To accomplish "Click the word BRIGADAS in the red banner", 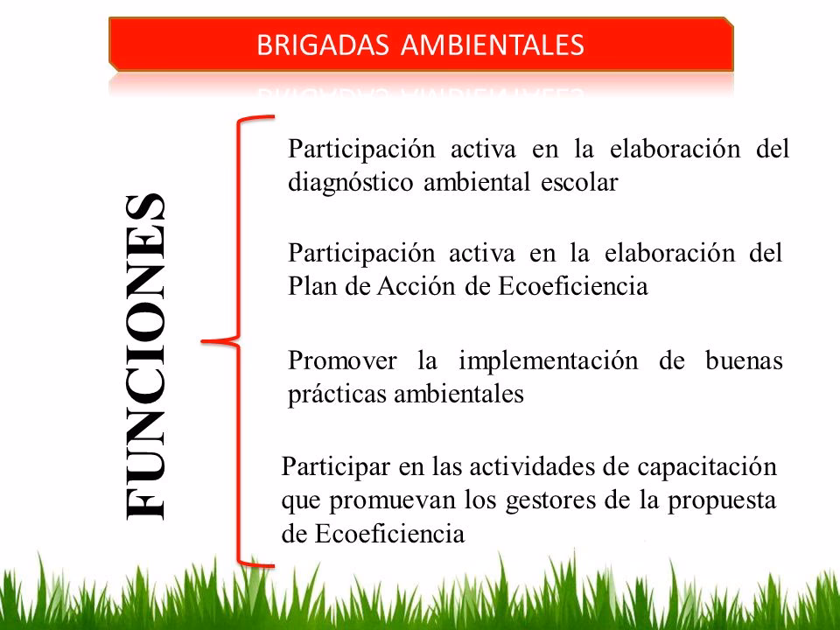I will coord(323,45).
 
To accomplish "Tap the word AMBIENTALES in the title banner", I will coord(493,45).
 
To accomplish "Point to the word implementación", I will coord(550,360).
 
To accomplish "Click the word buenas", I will coord(743,360).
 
